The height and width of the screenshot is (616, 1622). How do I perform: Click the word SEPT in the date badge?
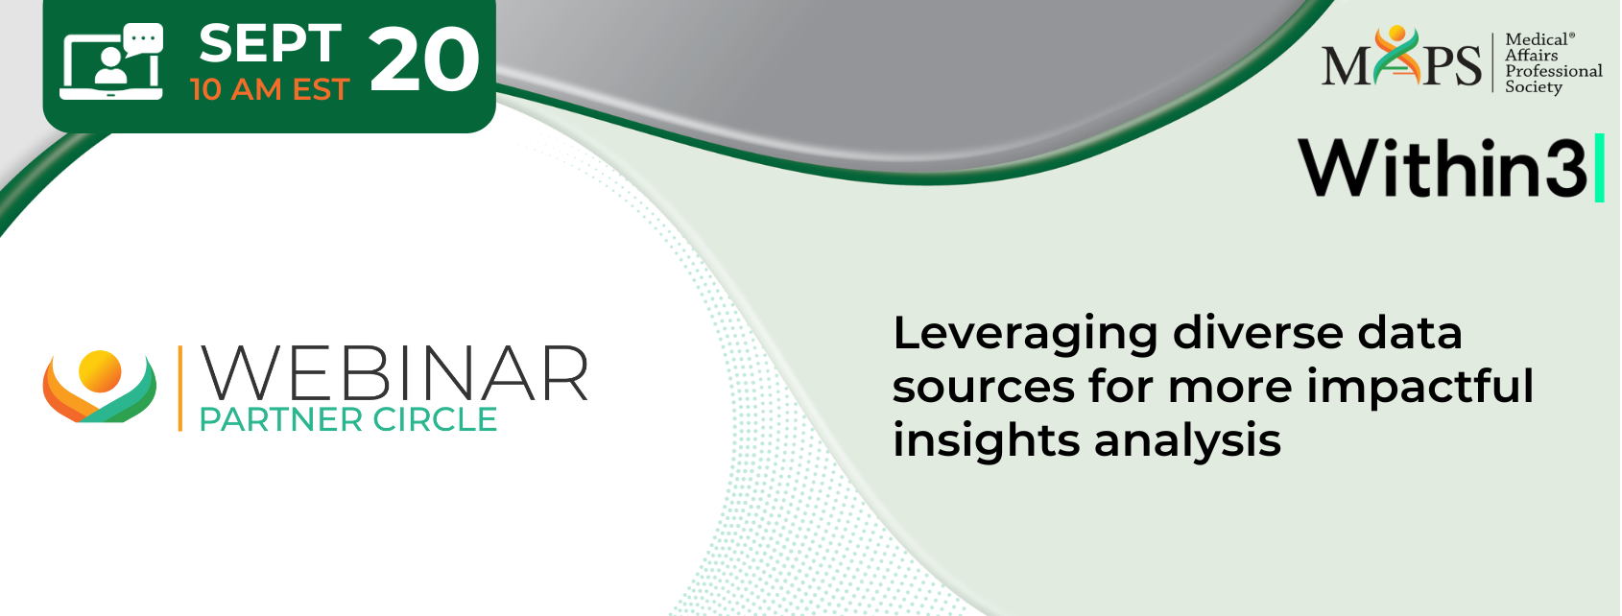click(270, 43)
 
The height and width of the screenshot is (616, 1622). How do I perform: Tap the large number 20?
click(424, 60)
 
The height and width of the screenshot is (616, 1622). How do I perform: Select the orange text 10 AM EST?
click(270, 90)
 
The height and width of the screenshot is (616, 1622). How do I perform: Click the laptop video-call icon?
click(111, 60)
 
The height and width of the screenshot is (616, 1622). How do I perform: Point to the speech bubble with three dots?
click(143, 38)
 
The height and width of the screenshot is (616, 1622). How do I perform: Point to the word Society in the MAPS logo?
click(1534, 87)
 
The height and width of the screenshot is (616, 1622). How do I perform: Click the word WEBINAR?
click(394, 373)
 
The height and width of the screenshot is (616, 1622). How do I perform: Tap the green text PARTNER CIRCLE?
click(348, 420)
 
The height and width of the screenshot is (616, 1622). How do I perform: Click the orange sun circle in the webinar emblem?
click(100, 372)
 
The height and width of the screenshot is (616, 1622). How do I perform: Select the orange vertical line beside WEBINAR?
click(179, 389)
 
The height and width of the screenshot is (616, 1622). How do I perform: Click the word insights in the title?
click(987, 441)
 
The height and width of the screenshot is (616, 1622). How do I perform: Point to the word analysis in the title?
click(1187, 441)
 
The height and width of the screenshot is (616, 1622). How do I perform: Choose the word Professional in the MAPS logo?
click(1554, 71)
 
